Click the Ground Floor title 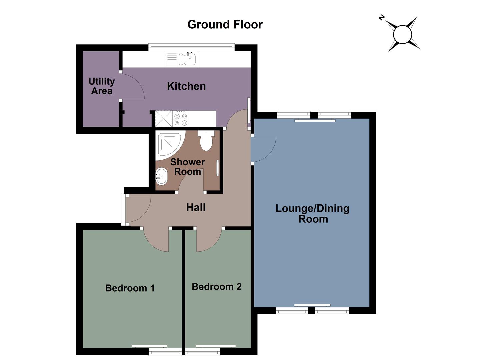(x=225, y=24)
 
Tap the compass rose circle (x=403, y=34)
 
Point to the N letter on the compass (x=382, y=18)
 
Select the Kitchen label (x=186, y=86)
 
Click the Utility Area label (x=102, y=86)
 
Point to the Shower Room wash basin (x=162, y=176)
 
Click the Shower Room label (x=188, y=167)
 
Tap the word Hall (x=196, y=207)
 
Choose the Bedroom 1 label (x=130, y=288)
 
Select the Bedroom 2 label (x=216, y=287)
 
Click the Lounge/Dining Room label (x=312, y=213)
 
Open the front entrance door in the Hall (x=137, y=209)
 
